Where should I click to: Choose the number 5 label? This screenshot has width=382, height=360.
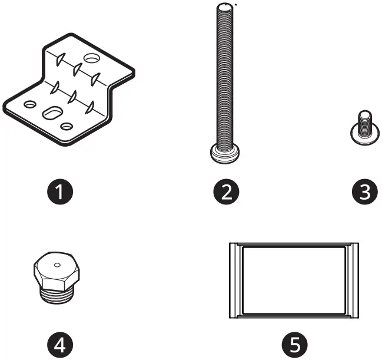pyautogui.click(x=294, y=342)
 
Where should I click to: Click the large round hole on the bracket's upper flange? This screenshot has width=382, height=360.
pyautogui.click(x=92, y=58)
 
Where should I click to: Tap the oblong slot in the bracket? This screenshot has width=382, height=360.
pyautogui.click(x=52, y=112)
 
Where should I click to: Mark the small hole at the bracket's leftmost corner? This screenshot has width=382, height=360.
pyautogui.click(x=27, y=104)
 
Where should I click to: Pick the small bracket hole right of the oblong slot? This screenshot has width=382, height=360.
pyautogui.click(x=67, y=126)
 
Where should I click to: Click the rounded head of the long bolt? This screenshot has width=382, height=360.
pyautogui.click(x=224, y=155)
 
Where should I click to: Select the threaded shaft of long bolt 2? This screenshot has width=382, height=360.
pyautogui.click(x=224, y=77)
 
